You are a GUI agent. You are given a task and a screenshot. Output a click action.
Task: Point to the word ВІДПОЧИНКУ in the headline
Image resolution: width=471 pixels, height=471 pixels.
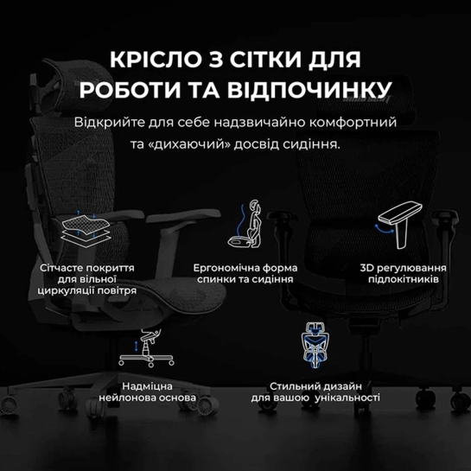click(x=309, y=89)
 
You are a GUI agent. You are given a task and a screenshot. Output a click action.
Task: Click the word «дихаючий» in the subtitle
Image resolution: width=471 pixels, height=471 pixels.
click(x=189, y=144)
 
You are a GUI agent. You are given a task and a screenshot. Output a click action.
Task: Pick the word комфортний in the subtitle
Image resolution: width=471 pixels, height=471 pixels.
click(x=353, y=122)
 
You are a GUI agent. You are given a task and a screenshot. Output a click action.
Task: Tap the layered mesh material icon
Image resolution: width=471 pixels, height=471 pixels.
click(x=86, y=227)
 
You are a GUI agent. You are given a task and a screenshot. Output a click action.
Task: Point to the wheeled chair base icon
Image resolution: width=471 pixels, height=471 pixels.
click(x=146, y=347)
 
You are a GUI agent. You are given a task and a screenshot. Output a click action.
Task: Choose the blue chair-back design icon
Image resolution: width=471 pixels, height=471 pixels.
click(x=315, y=345)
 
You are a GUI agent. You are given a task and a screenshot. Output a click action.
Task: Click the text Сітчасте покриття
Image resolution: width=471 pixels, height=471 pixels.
click(x=87, y=268)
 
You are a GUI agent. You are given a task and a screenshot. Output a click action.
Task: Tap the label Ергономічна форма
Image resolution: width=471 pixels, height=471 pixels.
click(x=245, y=268)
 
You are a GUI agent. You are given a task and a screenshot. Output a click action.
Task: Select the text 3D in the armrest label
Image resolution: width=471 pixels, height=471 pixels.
click(x=366, y=268)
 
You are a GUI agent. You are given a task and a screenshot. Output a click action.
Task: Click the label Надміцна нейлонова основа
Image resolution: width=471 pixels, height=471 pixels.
click(x=147, y=392)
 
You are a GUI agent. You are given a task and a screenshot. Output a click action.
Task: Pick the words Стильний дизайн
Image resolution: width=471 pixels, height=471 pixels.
click(x=315, y=386)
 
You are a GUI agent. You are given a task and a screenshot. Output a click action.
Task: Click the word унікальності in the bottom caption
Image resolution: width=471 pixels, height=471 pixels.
click(x=347, y=398)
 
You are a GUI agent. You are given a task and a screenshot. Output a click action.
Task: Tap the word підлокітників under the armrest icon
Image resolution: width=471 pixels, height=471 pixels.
click(x=404, y=279)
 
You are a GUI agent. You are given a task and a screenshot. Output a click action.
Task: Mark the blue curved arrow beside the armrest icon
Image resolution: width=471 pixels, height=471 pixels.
click(x=384, y=229)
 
